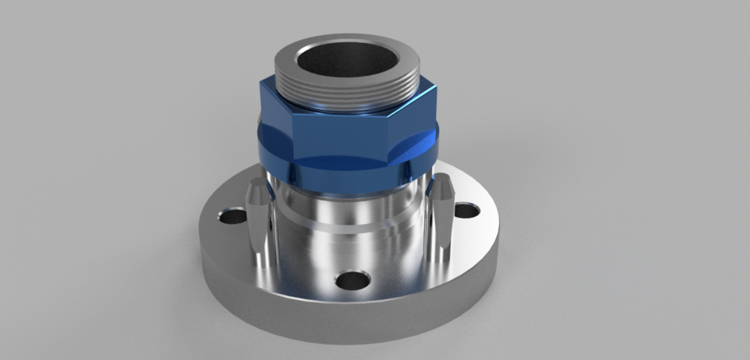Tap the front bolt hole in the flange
(353, 280)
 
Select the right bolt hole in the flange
(466, 209)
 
